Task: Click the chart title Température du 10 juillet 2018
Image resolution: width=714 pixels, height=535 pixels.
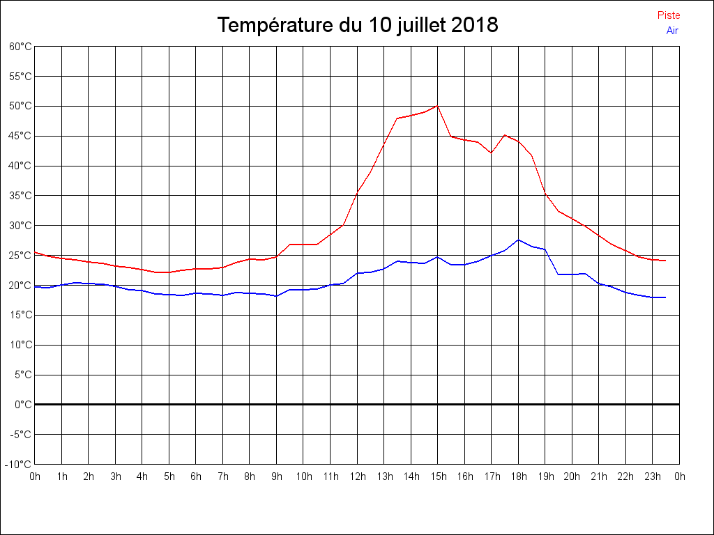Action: point(357,26)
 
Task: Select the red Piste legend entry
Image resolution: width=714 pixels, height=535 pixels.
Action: point(669,15)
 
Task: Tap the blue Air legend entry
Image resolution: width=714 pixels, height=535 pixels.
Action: point(672,30)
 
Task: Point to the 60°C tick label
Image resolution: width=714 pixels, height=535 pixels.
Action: point(20,47)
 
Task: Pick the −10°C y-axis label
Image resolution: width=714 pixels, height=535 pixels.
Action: point(19,464)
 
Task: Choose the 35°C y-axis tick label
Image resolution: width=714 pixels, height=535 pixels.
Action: point(20,196)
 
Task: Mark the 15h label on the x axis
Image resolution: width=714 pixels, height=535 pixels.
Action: point(438,476)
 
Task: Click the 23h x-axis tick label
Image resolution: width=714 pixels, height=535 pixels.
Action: point(653,476)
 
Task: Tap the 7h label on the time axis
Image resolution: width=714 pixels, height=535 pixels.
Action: point(223,476)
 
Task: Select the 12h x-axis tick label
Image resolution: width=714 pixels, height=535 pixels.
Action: point(357,476)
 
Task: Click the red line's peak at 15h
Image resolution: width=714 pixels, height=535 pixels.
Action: point(437,105)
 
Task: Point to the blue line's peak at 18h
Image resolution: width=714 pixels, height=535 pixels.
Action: point(518,240)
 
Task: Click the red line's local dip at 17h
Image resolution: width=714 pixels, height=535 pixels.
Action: point(491,153)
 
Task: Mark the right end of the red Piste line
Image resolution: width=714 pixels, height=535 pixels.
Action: point(666,261)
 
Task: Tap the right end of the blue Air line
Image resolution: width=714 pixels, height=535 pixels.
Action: point(666,297)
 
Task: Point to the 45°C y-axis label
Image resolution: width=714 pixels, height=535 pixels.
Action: point(20,136)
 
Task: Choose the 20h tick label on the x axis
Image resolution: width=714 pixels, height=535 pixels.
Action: point(572,476)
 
